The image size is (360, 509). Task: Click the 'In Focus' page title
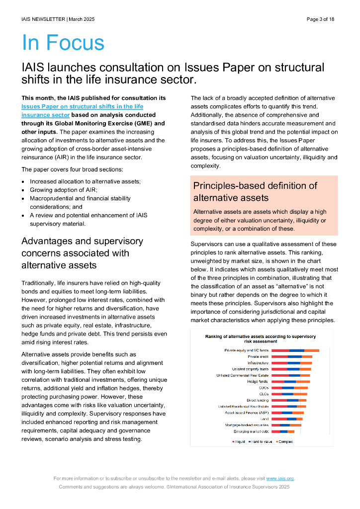63,43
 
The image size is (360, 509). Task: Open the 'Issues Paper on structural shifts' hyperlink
82,106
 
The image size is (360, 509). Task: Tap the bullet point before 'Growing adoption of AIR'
23,190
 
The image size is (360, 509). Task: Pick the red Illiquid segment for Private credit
279,357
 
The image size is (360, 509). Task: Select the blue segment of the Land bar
291,419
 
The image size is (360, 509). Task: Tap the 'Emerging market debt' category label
251,431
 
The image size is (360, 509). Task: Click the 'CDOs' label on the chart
264,388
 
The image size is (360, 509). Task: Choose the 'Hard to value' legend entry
260,441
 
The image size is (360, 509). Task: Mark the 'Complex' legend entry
285,441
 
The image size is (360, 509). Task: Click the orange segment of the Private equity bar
312,350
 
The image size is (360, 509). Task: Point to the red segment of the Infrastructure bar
279,363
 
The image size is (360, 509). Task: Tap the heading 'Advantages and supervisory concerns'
82,253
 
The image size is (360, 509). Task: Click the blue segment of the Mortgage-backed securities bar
284,425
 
